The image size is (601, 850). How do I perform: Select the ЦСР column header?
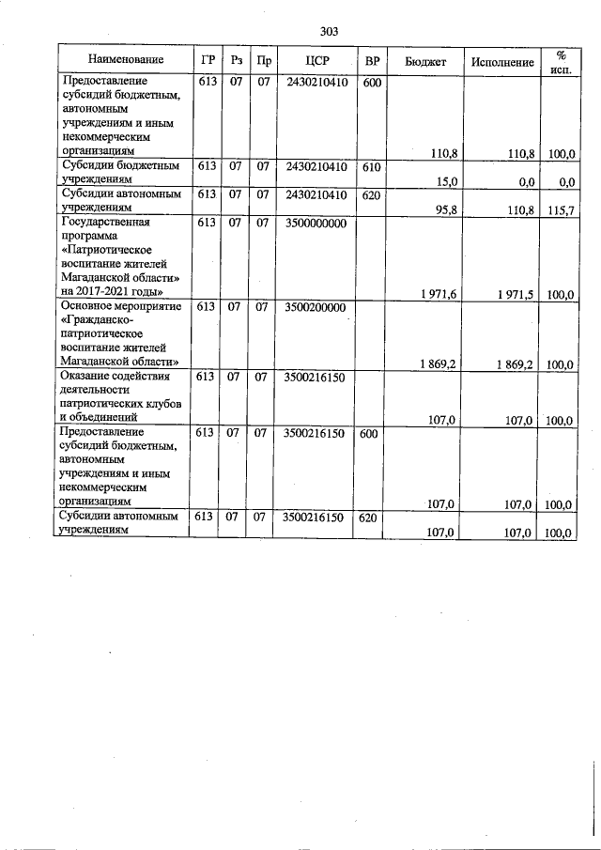(315, 60)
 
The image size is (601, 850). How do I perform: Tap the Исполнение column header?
(503, 60)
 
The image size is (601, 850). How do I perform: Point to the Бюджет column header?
(425, 60)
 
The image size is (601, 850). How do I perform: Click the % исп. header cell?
(562, 60)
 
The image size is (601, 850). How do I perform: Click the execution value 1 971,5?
(515, 295)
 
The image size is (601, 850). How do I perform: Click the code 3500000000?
(315, 224)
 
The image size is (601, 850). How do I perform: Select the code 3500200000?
(315, 307)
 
